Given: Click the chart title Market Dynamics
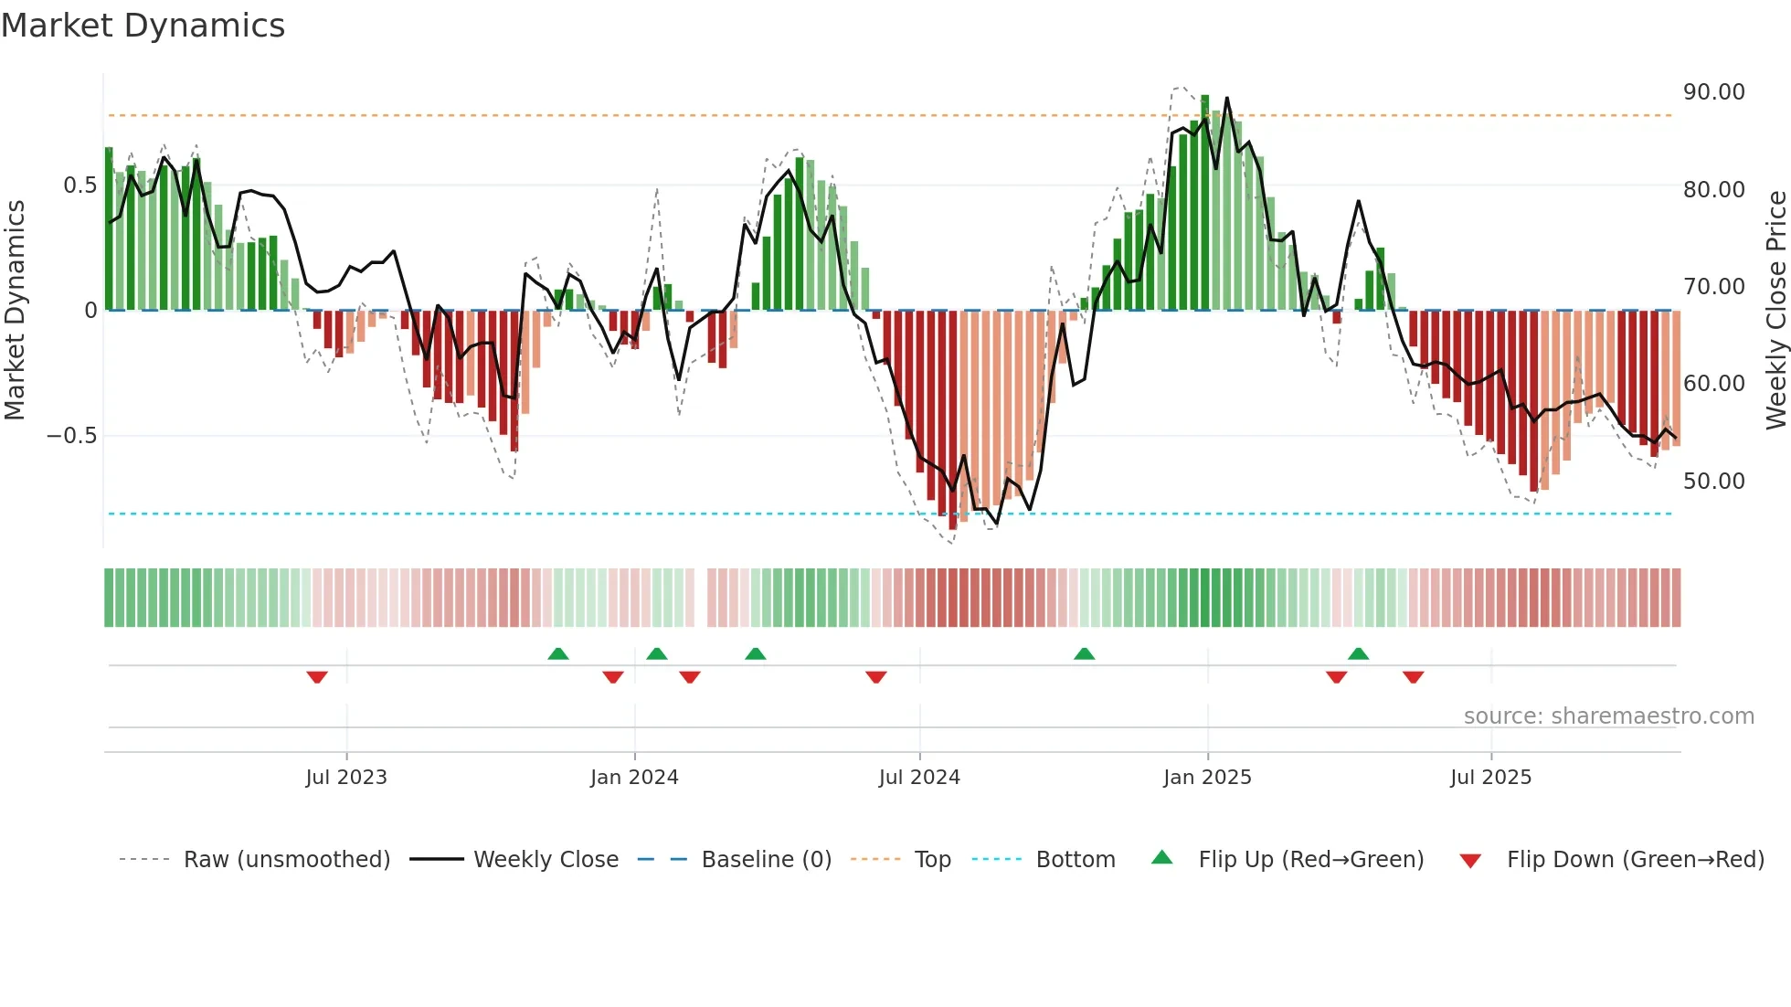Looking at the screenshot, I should click(x=143, y=26).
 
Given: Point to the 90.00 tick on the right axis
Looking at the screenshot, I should click(x=1713, y=92).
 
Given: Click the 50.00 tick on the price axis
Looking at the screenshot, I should click(x=1713, y=482).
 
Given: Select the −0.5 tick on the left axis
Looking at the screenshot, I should click(x=71, y=436).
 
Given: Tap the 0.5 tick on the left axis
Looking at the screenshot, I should click(x=79, y=185).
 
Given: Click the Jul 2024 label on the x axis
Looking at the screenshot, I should click(x=919, y=778).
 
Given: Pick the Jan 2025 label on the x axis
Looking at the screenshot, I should click(x=1207, y=778).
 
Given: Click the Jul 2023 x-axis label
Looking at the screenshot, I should click(x=346, y=778).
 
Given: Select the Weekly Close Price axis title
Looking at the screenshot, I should click(x=1775, y=310).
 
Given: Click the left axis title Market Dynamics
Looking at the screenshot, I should click(x=15, y=310).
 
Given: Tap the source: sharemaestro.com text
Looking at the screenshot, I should click(x=1608, y=716).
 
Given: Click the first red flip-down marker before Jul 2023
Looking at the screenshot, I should click(x=317, y=677).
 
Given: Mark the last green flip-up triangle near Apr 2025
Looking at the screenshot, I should click(x=1358, y=653).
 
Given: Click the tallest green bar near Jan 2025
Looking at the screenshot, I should click(x=1204, y=201).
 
